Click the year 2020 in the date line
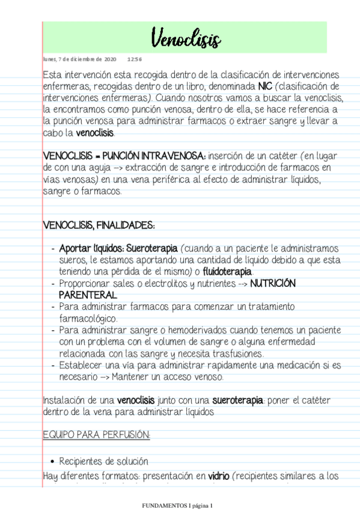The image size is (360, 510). [111, 60]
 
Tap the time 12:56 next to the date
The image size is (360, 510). [135, 60]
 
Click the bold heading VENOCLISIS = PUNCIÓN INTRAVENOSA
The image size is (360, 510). [124, 156]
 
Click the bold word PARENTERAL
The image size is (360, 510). [87, 295]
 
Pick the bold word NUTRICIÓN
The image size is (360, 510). [273, 283]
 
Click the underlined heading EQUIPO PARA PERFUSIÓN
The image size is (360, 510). [96, 434]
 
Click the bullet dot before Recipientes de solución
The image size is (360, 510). [52, 462]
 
